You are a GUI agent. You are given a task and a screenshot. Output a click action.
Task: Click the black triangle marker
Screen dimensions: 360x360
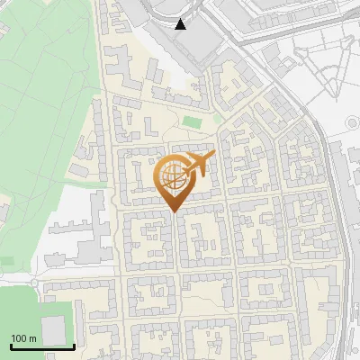click(182, 24)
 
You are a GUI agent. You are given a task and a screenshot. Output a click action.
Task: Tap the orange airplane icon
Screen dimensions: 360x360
click(198, 166)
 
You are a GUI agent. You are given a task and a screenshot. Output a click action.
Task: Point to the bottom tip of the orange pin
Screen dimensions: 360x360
click(175, 212)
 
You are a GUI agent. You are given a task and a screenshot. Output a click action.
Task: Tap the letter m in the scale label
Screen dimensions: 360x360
click(33, 338)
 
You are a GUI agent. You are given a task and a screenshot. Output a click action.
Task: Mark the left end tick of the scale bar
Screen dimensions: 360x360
click(10, 346)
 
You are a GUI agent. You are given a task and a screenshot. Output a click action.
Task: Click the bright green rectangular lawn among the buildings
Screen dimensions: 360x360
click(192, 121)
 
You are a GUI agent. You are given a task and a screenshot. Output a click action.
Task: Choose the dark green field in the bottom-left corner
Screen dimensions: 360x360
click(22, 310)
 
